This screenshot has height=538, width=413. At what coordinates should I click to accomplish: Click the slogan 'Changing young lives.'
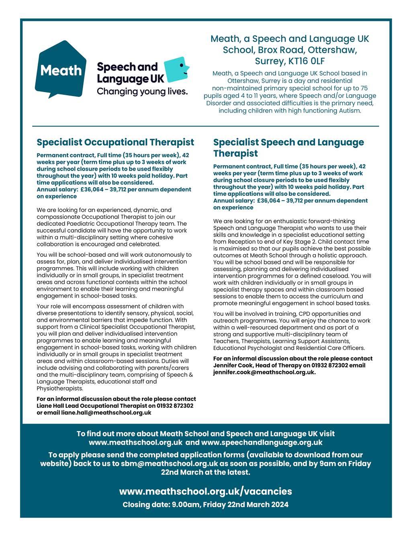coord(142,92)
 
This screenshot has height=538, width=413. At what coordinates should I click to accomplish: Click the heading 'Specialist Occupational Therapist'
coord(115,142)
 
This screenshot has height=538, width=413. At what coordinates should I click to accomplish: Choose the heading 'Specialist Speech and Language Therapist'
coord(288,147)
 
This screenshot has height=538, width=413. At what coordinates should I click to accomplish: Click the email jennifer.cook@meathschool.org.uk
coord(264,372)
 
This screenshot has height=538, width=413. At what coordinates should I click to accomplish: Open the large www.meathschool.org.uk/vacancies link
coord(206,491)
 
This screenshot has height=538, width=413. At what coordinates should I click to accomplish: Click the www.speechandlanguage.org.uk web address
coord(262,443)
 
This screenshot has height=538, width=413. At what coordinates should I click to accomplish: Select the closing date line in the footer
coord(206,505)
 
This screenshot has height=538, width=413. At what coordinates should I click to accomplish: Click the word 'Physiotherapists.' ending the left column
coord(60,389)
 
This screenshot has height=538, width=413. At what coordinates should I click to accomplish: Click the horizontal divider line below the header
coord(206,126)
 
